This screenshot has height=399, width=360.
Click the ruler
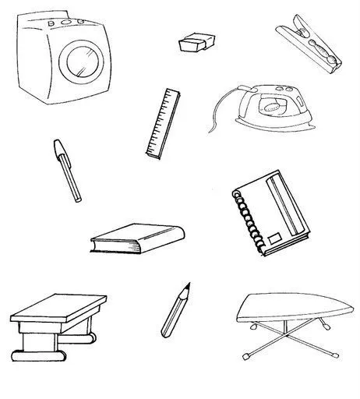(162, 123)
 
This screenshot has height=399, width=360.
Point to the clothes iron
(270, 110)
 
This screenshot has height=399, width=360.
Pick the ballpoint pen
(67, 170)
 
